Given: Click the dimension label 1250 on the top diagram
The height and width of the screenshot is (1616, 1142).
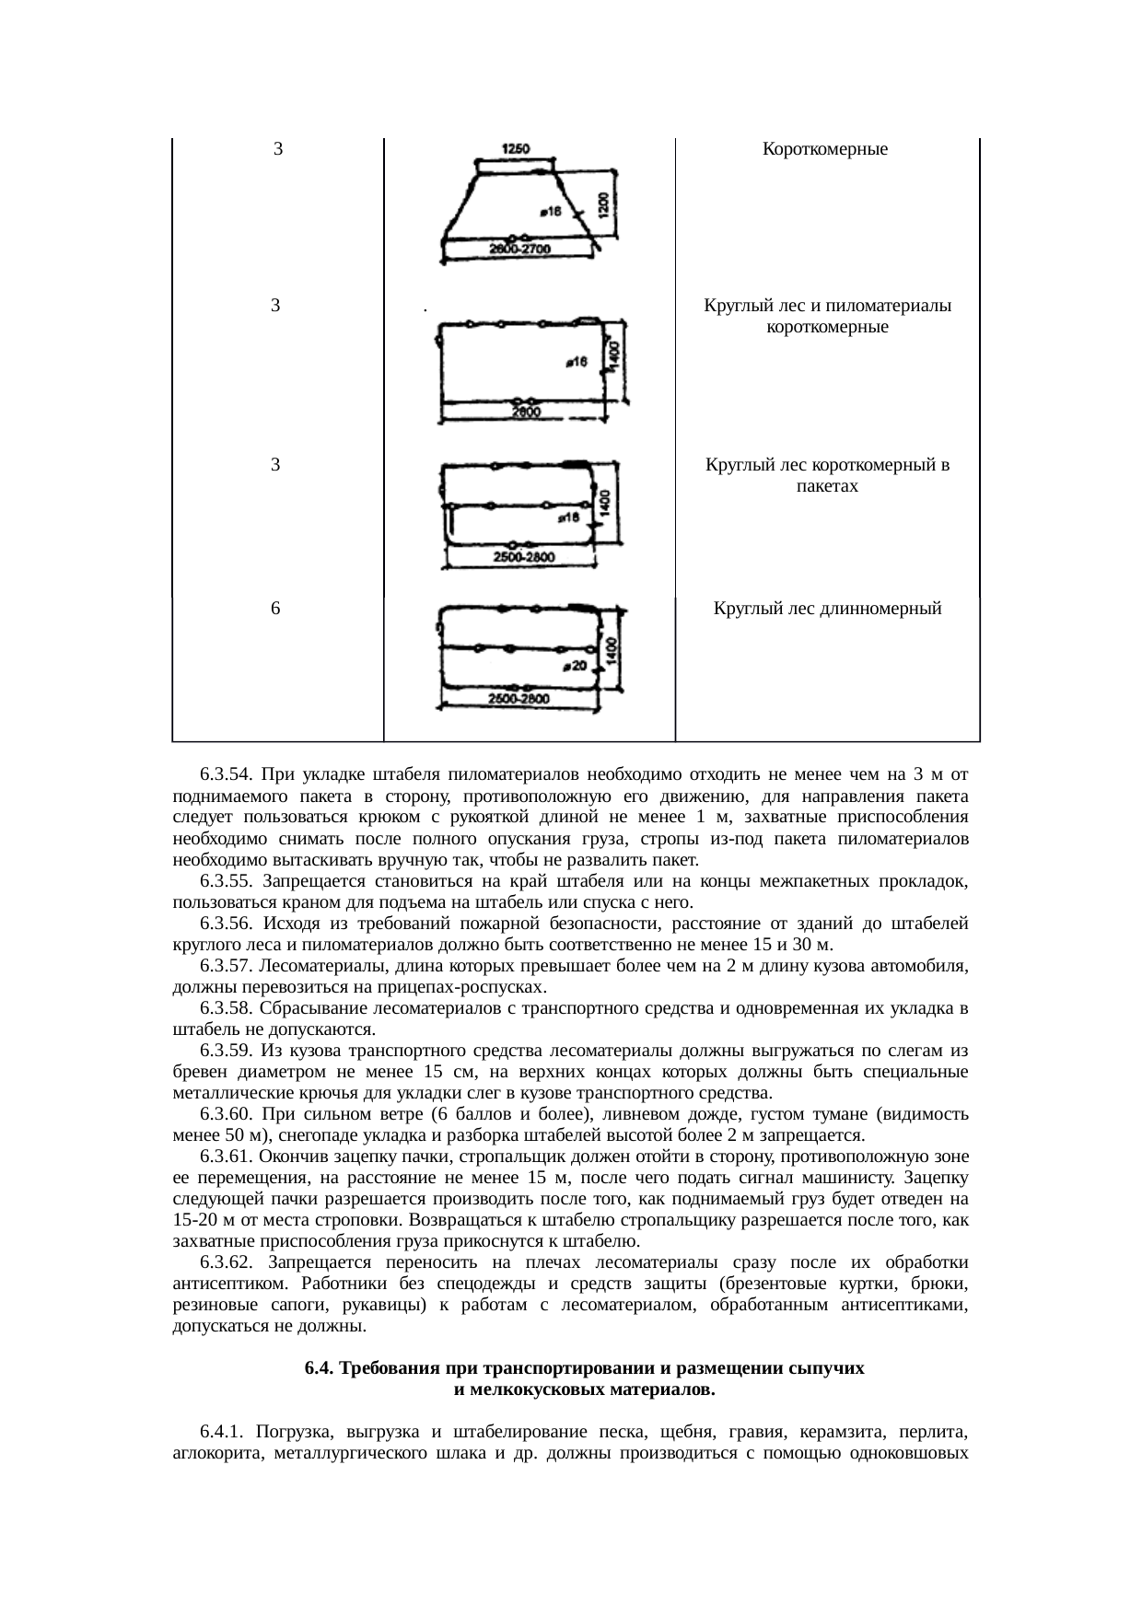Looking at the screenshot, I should [x=514, y=149].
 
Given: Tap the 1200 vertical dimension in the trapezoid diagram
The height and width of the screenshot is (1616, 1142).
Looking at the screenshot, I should [x=602, y=203].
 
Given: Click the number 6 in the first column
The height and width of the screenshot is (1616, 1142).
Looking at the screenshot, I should [x=275, y=609].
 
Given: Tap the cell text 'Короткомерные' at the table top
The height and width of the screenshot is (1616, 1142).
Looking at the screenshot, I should [x=825, y=149].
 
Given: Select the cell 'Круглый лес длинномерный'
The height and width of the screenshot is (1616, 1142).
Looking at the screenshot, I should [x=827, y=609].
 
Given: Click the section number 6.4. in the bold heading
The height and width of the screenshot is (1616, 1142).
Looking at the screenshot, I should [x=320, y=1368].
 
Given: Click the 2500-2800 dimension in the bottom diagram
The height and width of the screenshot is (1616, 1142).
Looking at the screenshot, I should [x=519, y=700].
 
